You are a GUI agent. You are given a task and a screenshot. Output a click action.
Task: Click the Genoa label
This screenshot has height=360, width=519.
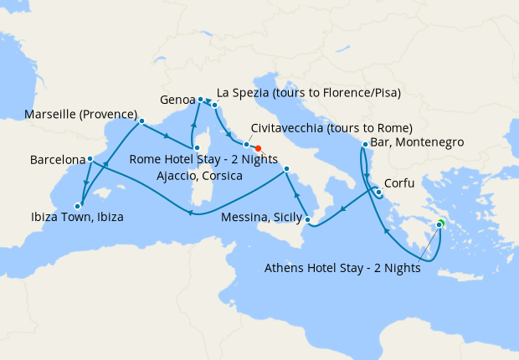coord(177,99)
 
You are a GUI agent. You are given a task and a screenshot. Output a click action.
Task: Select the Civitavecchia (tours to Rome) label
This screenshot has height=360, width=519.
coord(331,128)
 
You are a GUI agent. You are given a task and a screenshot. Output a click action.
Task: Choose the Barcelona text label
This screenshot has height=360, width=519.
coord(57,158)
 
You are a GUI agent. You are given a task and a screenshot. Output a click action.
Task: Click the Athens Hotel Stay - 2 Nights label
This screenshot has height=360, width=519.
coord(342,269)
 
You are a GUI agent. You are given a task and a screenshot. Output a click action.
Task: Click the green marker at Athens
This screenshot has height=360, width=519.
coord(439,223)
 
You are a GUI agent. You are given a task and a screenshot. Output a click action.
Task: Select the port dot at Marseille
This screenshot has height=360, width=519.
coord(141,121)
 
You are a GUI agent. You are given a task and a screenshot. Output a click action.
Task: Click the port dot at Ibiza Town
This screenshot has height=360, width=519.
coord(77,205)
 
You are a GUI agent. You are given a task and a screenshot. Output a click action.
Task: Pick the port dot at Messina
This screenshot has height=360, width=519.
coord(308,221)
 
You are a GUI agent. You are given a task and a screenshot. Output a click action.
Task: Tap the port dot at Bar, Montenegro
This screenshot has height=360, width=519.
coord(364,146)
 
